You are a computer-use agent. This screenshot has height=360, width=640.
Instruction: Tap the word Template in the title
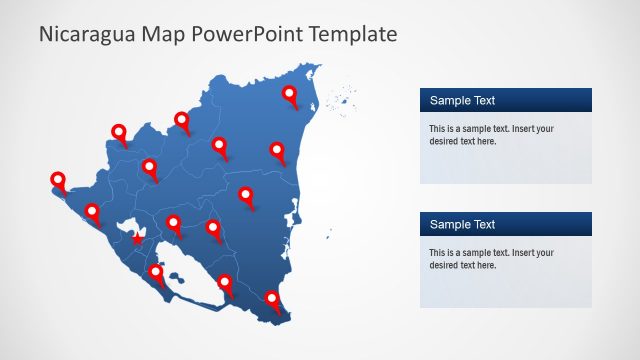pyautogui.click(x=353, y=34)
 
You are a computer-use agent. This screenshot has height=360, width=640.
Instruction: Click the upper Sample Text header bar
pyautogui.click(x=505, y=100)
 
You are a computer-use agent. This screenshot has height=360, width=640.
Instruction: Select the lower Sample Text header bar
pyautogui.click(x=505, y=224)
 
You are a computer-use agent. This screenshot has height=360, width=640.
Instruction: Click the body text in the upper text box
pyautogui.click(x=491, y=135)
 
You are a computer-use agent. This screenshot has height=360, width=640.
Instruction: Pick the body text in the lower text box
pyautogui.click(x=491, y=259)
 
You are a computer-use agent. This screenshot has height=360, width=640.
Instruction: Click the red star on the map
pyautogui.click(x=138, y=239)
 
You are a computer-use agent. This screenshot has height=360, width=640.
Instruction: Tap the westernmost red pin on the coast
pyautogui.click(x=58, y=181)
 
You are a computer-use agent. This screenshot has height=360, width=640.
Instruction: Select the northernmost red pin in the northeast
pyautogui.click(x=290, y=95)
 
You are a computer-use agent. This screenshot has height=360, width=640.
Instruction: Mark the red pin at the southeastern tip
pyautogui.click(x=272, y=299)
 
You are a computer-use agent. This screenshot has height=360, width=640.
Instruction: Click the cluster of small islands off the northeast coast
pyautogui.click(x=344, y=99)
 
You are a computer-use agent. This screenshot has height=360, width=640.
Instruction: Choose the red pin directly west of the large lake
pyautogui.click(x=156, y=272)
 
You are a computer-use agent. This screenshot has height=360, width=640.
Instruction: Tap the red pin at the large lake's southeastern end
pyautogui.click(x=225, y=284)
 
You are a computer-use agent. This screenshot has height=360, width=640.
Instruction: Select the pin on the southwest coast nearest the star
pyautogui.click(x=93, y=212)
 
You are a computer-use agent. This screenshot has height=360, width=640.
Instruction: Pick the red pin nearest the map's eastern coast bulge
pyautogui.click(x=277, y=151)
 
